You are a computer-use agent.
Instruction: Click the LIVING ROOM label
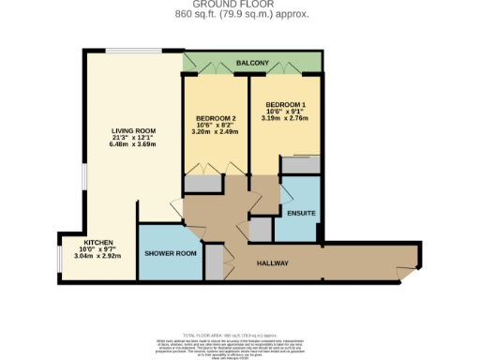(x=133, y=130)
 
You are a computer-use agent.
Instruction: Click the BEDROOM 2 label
(x=216, y=117)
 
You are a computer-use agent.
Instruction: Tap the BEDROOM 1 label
(x=285, y=104)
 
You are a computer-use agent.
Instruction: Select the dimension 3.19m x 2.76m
(x=285, y=119)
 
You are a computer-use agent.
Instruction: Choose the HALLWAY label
(x=272, y=262)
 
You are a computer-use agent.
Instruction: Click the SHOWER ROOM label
(x=170, y=253)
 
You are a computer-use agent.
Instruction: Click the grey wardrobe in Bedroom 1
(x=301, y=166)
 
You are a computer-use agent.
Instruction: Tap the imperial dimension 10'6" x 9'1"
(x=285, y=112)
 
